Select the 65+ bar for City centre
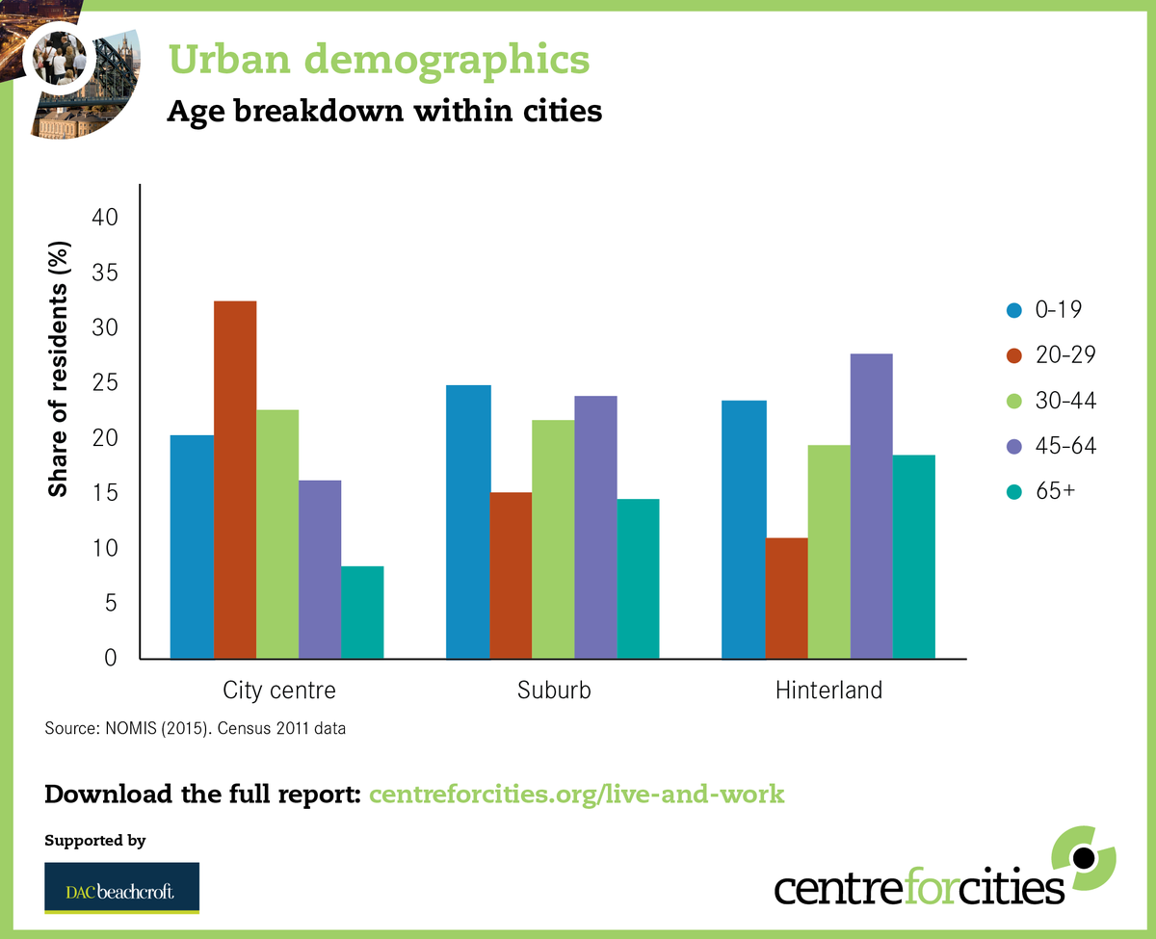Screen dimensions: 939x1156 tap(362, 613)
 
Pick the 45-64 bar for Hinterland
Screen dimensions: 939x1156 tap(871, 507)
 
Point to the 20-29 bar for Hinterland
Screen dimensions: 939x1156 tap(786, 598)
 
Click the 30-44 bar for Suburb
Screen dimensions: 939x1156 tap(553, 539)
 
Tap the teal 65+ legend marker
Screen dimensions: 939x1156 tap(1013, 491)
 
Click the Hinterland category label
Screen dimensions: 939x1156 tap(828, 691)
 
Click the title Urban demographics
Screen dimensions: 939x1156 tap(379, 60)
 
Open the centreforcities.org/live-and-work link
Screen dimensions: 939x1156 tap(577, 795)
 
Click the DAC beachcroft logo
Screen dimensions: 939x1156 tap(121, 887)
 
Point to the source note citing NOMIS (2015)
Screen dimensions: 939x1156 tap(196, 728)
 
